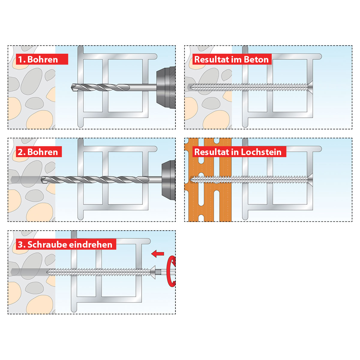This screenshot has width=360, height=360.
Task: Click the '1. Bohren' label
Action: (x=42, y=59)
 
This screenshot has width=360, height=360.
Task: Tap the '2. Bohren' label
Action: (x=39, y=152)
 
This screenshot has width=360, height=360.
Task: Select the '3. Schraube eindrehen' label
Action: (x=66, y=244)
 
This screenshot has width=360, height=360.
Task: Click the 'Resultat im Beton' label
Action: (x=232, y=59)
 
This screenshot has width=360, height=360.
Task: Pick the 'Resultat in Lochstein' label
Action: (x=239, y=152)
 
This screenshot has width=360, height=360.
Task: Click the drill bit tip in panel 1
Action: (x=72, y=87)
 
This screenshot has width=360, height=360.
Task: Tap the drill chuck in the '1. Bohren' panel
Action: (x=166, y=88)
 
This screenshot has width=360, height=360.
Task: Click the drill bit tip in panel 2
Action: (x=41, y=180)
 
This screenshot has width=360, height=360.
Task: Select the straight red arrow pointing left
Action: (x=157, y=254)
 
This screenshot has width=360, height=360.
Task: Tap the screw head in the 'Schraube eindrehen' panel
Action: (x=153, y=272)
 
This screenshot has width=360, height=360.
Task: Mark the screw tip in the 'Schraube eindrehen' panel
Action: (x=47, y=272)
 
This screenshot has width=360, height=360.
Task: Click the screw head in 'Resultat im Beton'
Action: (x=310, y=87)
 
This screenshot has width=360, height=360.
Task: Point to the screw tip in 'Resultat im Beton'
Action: (x=190, y=87)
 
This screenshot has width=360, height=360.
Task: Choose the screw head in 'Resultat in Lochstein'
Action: (x=310, y=179)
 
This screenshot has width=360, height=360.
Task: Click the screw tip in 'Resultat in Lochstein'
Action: (x=190, y=179)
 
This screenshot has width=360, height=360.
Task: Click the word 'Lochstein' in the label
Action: (x=261, y=152)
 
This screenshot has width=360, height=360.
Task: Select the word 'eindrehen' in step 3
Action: (x=91, y=244)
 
